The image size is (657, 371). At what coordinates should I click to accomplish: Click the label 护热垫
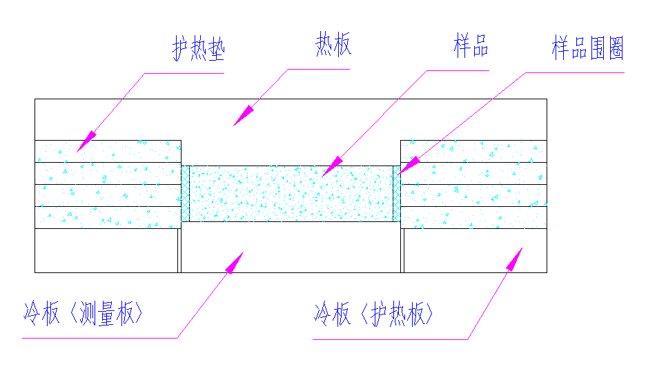[x=199, y=49]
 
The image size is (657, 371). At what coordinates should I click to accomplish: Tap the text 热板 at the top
[x=333, y=46]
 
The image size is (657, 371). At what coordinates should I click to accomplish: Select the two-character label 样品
[x=471, y=46]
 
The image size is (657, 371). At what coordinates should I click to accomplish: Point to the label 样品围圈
[x=587, y=48]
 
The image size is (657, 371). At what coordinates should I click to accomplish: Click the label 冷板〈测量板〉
[x=83, y=314]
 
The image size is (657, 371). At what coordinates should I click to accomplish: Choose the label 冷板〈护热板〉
[x=374, y=314]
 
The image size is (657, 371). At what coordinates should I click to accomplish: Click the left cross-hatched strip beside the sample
[x=185, y=193]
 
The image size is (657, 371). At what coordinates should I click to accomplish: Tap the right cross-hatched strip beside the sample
[x=397, y=193]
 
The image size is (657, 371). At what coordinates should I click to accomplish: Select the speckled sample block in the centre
[x=291, y=193]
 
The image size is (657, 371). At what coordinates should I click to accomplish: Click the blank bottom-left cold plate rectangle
[x=106, y=250]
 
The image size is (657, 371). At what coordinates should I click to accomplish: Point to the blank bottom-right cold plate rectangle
[x=475, y=250]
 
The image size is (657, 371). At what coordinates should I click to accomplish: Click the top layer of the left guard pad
[x=108, y=151]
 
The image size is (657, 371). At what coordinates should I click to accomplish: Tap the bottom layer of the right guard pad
[x=473, y=217]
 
